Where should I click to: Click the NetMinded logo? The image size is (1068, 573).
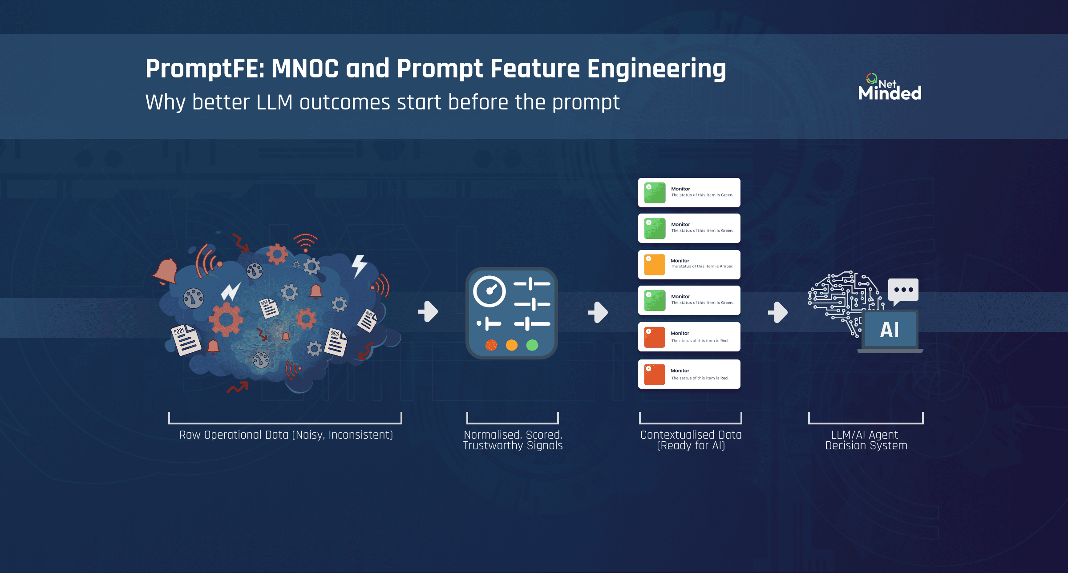[x=890, y=87]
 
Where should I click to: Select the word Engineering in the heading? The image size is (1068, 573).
[x=656, y=69]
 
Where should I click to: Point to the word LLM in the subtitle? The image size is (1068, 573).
[x=275, y=102]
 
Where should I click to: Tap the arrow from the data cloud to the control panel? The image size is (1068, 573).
[x=428, y=311]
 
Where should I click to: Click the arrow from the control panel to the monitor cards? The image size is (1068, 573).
[x=598, y=312]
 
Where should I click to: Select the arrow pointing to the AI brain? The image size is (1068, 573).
[x=778, y=312]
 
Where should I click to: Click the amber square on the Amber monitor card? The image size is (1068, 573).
[x=655, y=265]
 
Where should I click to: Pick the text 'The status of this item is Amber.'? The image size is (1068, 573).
[x=702, y=266]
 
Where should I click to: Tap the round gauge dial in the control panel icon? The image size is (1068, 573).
[x=489, y=291]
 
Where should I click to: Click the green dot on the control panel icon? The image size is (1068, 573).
[x=532, y=345]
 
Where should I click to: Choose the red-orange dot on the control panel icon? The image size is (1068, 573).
[x=491, y=345]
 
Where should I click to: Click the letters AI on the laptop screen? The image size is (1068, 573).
[x=890, y=330]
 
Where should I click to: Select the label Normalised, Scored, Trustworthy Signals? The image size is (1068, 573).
[x=513, y=440]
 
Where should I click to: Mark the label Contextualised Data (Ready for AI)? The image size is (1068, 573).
[x=691, y=440]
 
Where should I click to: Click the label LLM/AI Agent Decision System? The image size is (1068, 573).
[x=866, y=440]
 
